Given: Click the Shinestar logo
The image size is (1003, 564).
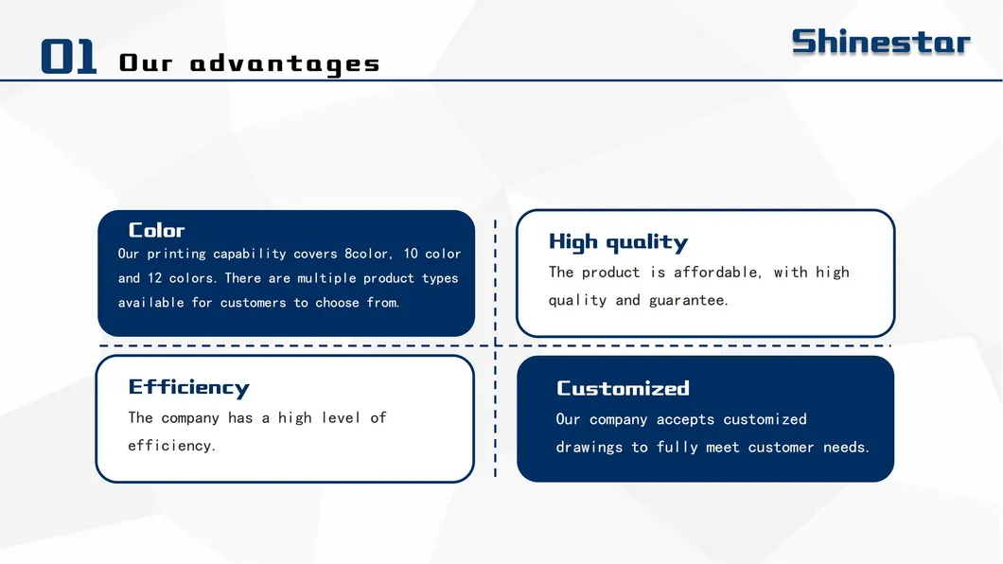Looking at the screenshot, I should click(880, 42).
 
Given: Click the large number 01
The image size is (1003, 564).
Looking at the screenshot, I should click(69, 58).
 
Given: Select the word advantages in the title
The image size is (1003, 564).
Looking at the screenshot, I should click(285, 64).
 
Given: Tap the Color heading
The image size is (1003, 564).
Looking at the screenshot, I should click(156, 230).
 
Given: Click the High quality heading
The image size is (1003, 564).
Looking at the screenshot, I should click(618, 242).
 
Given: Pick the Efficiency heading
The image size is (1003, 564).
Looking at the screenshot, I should click(188, 387).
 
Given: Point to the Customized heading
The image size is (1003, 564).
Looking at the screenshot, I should click(623, 388).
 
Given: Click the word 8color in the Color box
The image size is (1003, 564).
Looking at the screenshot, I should click(366, 254).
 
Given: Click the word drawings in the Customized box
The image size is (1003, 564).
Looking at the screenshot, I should click(589, 448).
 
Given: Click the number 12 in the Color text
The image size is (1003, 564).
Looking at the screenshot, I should click(155, 278).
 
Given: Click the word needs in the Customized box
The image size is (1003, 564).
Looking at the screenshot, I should click(846, 448).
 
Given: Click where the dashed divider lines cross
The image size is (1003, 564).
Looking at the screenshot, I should click(495, 345).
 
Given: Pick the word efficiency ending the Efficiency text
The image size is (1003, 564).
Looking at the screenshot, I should click(170, 446).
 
